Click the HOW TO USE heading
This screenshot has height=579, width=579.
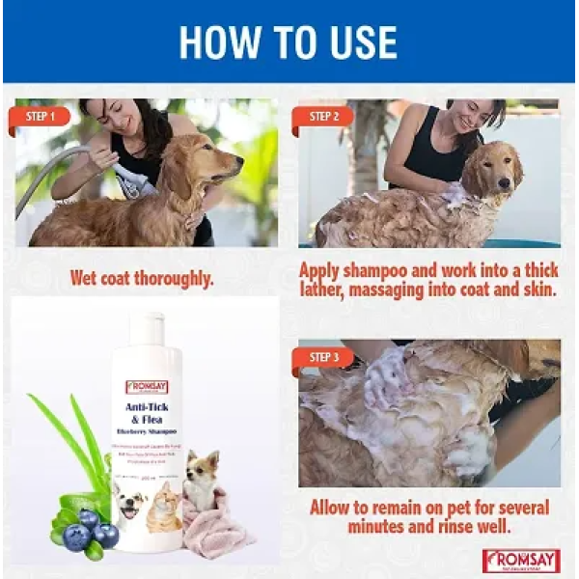pos(289,42)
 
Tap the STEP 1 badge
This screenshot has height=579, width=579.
pos(41,117)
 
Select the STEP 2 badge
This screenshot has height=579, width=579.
pos(323,117)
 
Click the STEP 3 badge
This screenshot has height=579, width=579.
pos(323,358)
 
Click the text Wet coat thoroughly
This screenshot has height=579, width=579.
pos(142,279)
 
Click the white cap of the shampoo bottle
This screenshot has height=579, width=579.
pos(146,328)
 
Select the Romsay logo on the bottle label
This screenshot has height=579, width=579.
pos(146,387)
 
